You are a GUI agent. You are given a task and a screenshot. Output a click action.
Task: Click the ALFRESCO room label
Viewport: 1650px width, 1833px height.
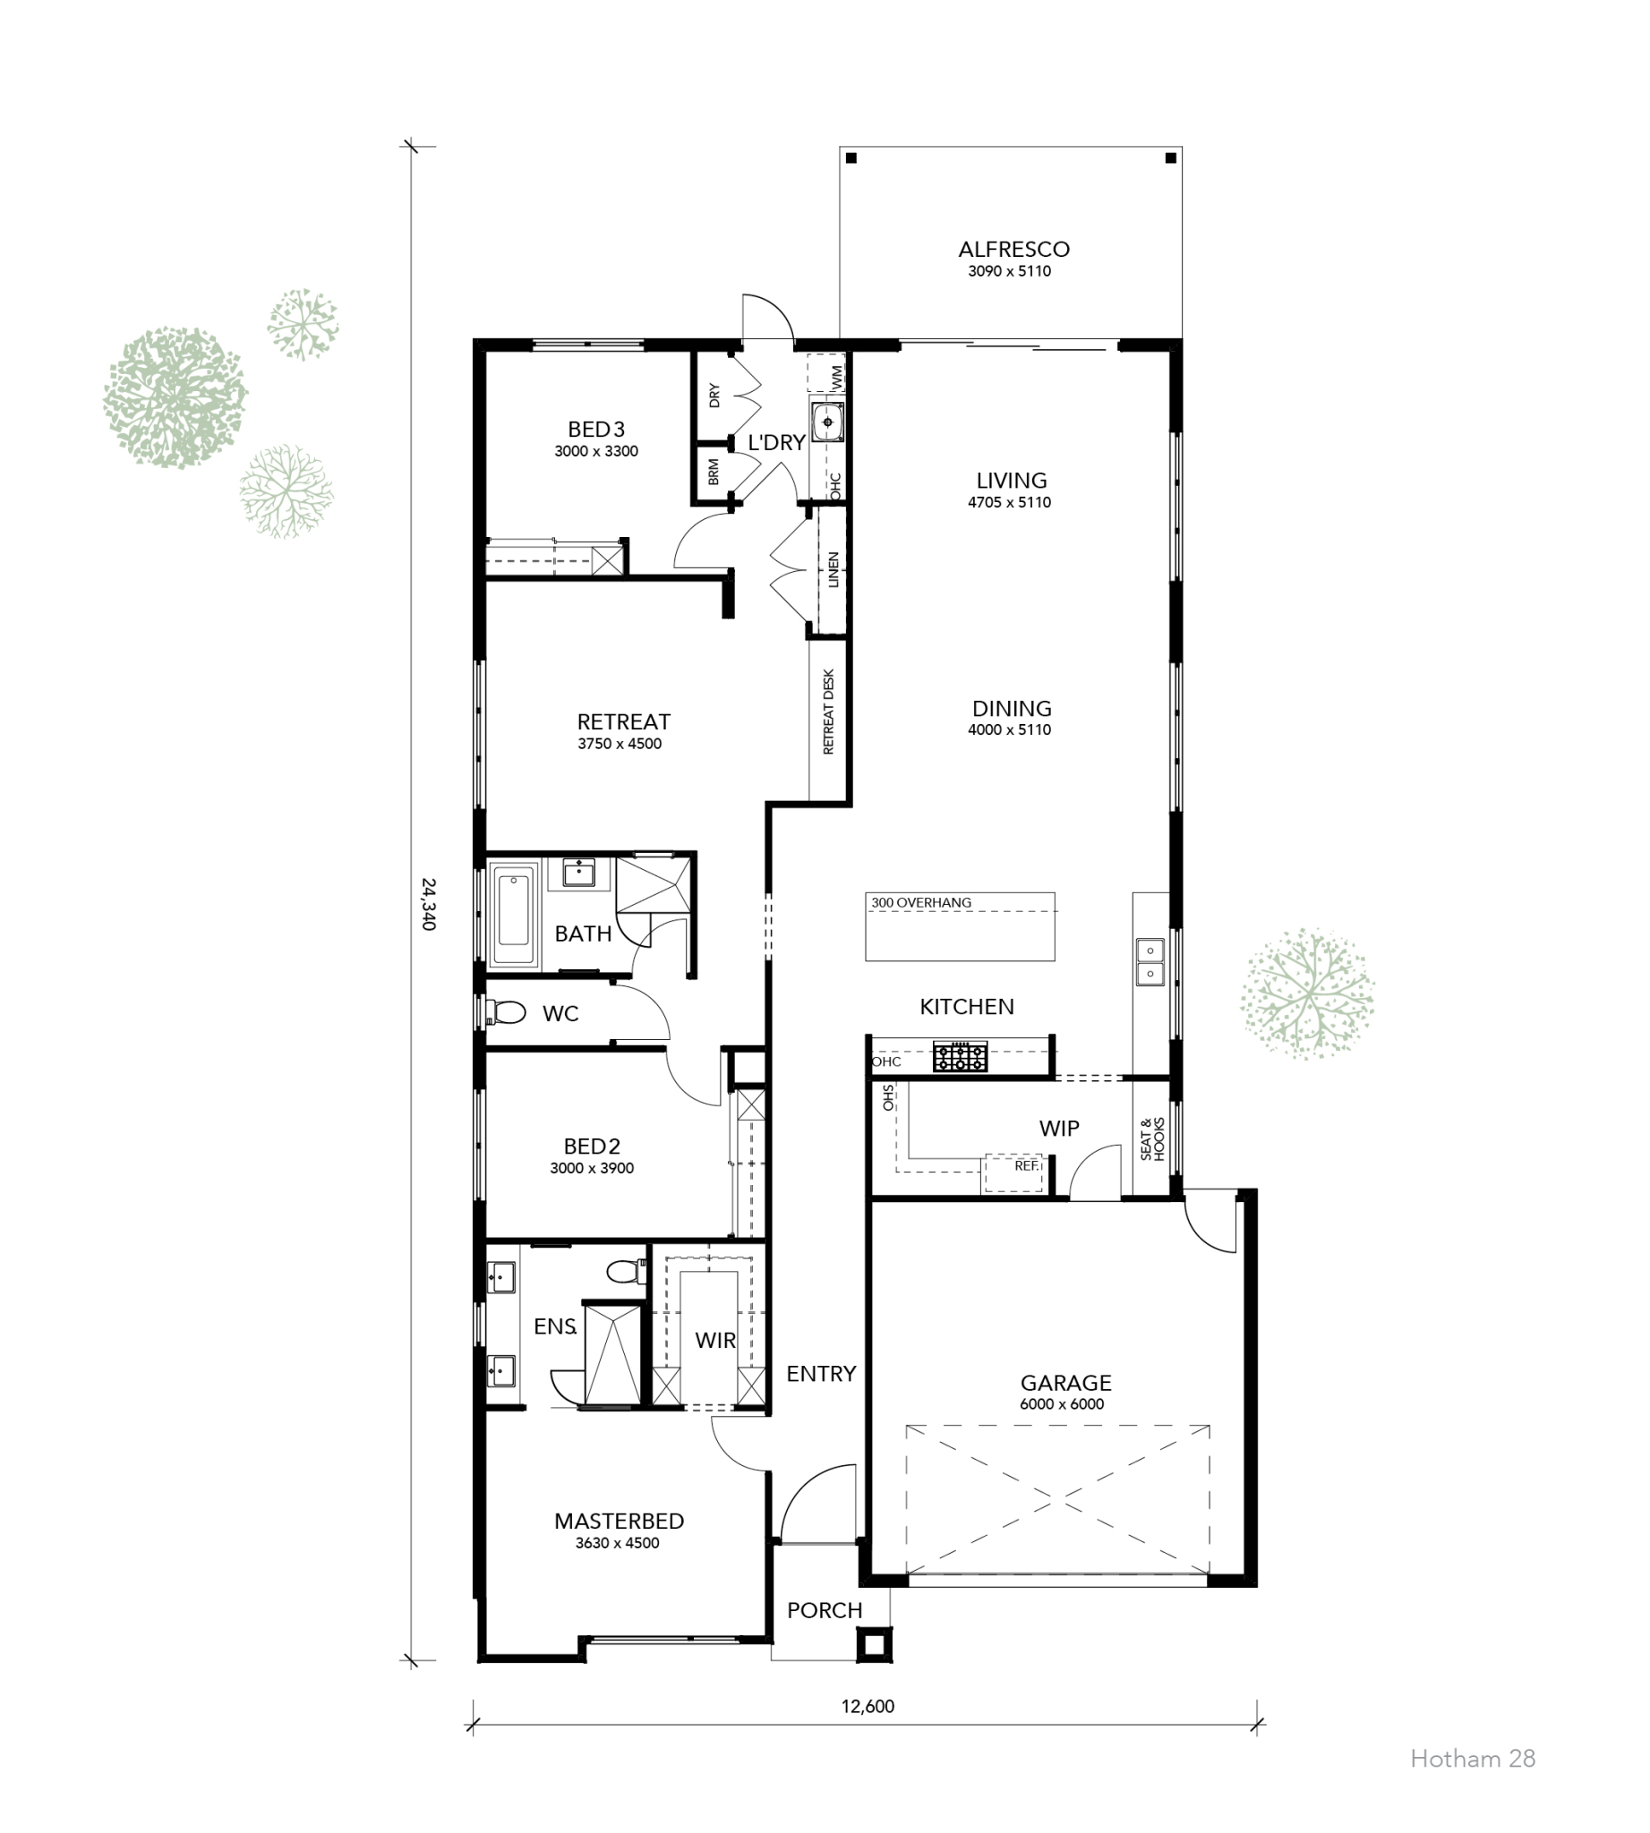click(x=1013, y=250)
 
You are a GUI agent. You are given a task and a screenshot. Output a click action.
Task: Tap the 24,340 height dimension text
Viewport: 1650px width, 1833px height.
click(x=429, y=903)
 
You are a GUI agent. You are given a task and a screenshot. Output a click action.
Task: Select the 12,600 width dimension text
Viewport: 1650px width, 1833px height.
click(x=868, y=1706)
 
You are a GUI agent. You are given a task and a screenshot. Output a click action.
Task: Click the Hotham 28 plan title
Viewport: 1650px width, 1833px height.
click(x=1473, y=1759)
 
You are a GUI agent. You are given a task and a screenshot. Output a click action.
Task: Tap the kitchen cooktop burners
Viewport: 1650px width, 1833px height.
click(x=960, y=1057)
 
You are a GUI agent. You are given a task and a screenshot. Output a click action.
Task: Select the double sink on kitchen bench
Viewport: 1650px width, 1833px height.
click(x=1150, y=962)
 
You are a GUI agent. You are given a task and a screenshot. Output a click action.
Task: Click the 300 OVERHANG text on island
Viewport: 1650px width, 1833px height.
click(x=921, y=903)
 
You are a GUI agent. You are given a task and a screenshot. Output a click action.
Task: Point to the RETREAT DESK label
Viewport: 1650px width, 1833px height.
click(x=829, y=712)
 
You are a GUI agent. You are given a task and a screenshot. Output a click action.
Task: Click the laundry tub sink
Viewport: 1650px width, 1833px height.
click(x=828, y=422)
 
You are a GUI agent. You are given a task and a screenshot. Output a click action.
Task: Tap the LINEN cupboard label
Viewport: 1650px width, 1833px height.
click(x=834, y=569)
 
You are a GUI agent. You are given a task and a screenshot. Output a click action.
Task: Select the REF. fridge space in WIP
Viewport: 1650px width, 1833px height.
click(x=1025, y=1166)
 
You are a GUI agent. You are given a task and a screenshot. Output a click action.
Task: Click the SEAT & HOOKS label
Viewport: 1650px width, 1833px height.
click(x=1152, y=1138)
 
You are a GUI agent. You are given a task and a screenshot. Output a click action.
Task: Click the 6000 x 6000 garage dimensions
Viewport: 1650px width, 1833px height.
click(x=1062, y=1404)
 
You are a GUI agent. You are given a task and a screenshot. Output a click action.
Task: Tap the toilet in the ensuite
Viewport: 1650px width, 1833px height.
click(x=625, y=1272)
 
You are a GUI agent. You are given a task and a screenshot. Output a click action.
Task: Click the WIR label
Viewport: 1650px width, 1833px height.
click(x=715, y=1340)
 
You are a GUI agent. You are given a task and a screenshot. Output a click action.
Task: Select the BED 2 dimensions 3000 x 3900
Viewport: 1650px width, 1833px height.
click(x=591, y=1169)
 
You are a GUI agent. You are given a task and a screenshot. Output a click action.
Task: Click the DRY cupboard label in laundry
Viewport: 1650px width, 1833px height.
click(x=714, y=396)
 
